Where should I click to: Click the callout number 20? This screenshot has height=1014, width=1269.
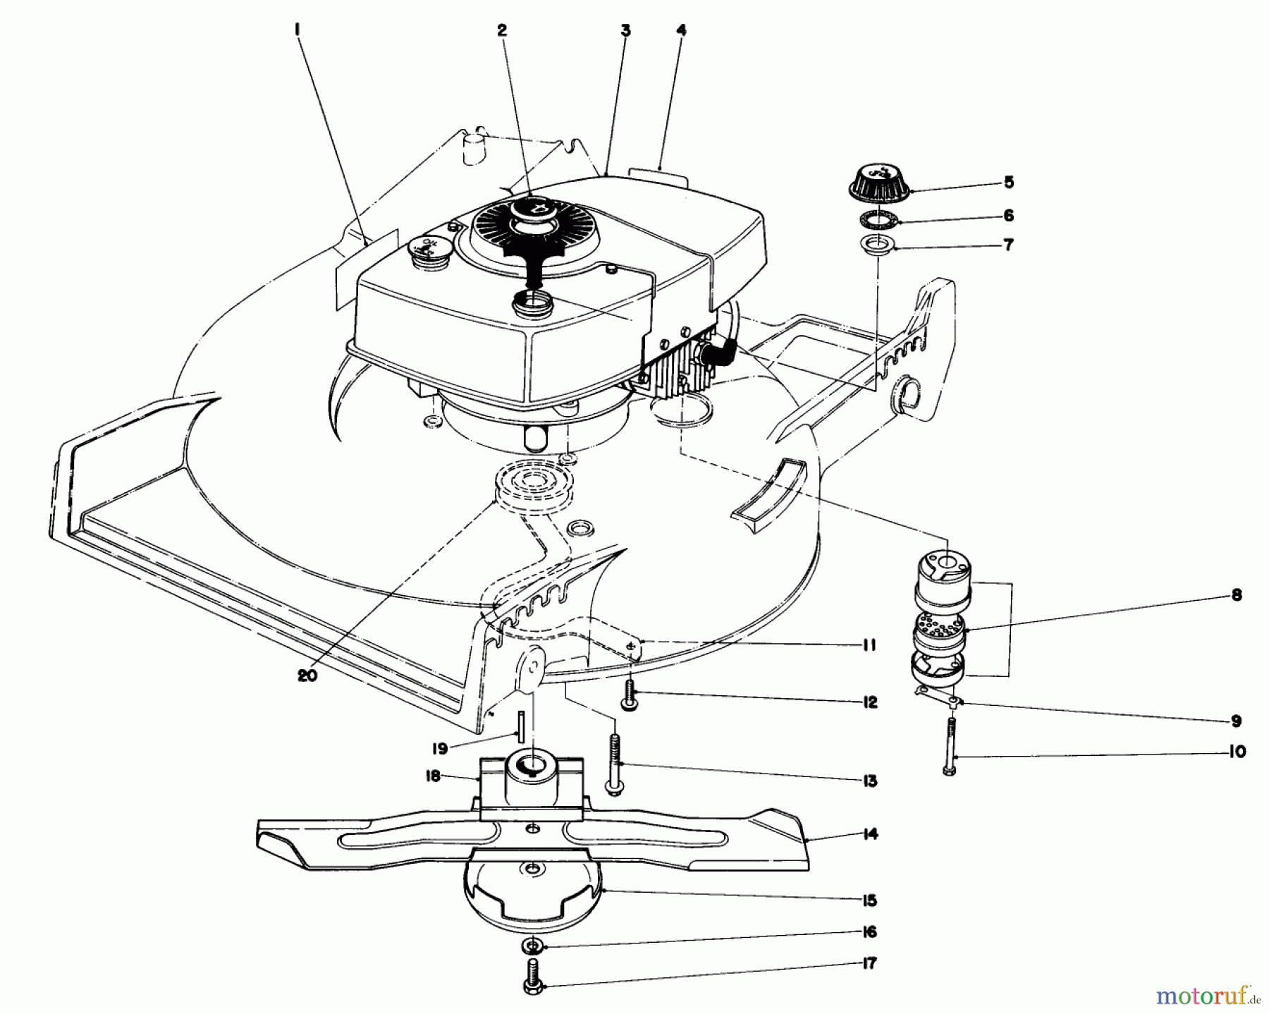pyautogui.click(x=307, y=675)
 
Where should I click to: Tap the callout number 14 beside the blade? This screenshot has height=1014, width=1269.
pyautogui.click(x=870, y=834)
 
